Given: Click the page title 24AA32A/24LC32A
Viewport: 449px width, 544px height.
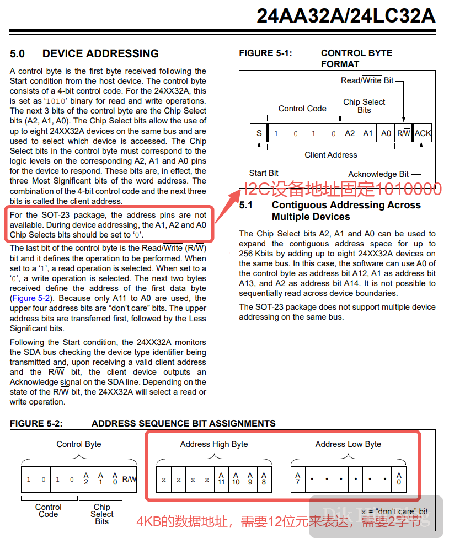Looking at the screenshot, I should pyautogui.click(x=346, y=16).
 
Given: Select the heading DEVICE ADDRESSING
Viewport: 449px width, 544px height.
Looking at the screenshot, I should pyautogui.click(x=100, y=53).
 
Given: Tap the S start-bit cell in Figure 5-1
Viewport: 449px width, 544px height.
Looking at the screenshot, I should pyautogui.click(x=259, y=133).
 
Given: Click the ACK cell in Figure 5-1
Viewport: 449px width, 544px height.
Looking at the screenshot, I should pyautogui.click(x=423, y=133).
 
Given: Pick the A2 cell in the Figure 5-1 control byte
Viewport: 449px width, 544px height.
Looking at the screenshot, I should pyautogui.click(x=350, y=133).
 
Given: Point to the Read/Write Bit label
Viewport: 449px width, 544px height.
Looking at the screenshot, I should pyautogui.click(x=367, y=80).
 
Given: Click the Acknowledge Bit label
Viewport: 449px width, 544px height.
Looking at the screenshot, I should pyautogui.click(x=378, y=174).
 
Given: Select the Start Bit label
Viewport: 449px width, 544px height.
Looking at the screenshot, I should pyautogui.click(x=264, y=173).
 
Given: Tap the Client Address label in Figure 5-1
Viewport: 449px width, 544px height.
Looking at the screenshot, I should pyautogui.click(x=331, y=155).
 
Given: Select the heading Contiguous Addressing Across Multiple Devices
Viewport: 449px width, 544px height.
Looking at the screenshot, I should pyautogui.click(x=346, y=211).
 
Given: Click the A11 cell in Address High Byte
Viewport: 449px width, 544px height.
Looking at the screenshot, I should pyautogui.click(x=222, y=478).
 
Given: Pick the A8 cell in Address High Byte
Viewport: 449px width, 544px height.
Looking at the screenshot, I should pyautogui.click(x=264, y=478).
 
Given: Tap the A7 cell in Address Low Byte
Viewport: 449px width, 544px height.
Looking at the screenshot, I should pyautogui.click(x=298, y=478).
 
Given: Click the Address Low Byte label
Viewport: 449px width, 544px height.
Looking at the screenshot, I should pyautogui.click(x=348, y=444).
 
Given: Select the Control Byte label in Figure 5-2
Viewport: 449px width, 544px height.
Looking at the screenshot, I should pyautogui.click(x=79, y=444).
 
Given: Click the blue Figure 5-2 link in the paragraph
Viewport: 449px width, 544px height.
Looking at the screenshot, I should pyautogui.click(x=31, y=298).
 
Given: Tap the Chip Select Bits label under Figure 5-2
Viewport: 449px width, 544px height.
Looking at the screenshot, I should pyautogui.click(x=102, y=514).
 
